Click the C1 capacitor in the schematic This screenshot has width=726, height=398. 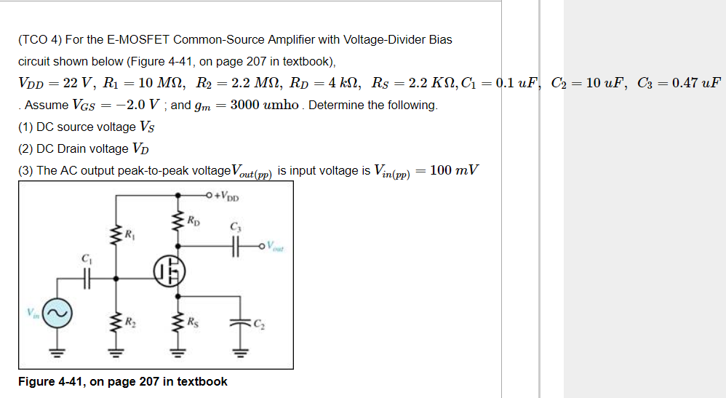point(87,277)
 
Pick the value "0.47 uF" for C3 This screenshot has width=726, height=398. point(696,82)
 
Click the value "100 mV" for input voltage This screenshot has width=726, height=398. point(454,170)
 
